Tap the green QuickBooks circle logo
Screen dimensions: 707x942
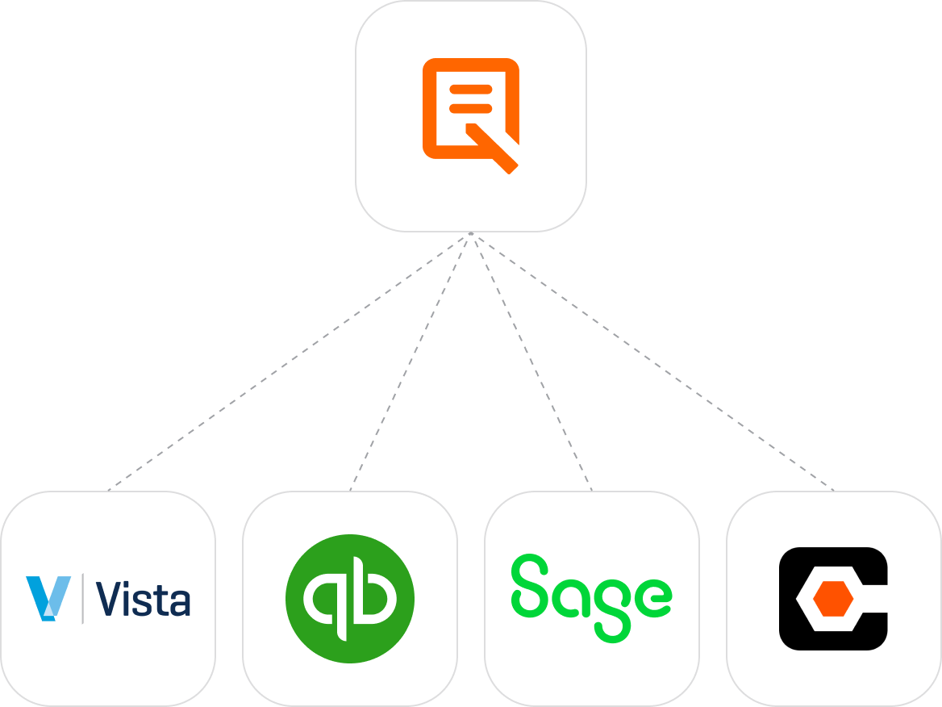(349, 598)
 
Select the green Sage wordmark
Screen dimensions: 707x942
(591, 596)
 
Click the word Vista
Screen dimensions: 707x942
(144, 599)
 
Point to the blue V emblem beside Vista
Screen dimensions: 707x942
(48, 598)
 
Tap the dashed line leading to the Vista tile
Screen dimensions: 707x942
(289, 362)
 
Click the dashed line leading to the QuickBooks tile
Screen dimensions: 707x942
(410, 362)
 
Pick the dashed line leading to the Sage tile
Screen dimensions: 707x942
(531, 362)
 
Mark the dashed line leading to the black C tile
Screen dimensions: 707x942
(652, 362)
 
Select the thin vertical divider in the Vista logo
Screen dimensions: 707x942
(82, 598)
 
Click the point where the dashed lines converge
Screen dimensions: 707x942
(470, 235)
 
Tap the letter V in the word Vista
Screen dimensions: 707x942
(108, 599)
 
